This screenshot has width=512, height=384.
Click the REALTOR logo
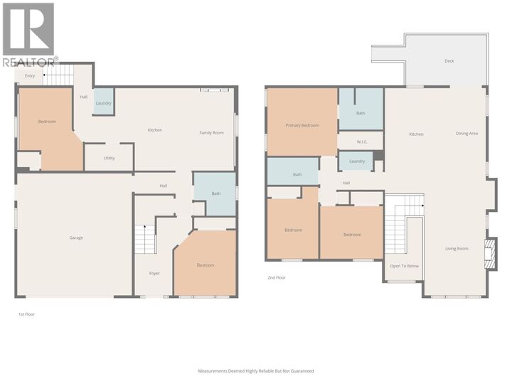click(x=28, y=34)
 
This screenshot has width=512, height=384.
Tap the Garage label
click(x=76, y=238)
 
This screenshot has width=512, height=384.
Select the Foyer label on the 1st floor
click(x=154, y=273)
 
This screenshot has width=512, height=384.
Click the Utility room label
click(x=109, y=158)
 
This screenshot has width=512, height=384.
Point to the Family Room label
click(x=211, y=133)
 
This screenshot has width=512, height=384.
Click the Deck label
click(x=449, y=61)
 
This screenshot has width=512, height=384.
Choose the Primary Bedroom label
click(x=302, y=126)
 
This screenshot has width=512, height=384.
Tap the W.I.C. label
click(x=361, y=141)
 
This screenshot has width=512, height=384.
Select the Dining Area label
click(x=466, y=134)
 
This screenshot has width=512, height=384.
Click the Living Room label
click(x=457, y=248)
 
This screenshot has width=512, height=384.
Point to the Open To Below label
click(x=404, y=266)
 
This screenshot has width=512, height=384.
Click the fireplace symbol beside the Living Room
click(x=489, y=254)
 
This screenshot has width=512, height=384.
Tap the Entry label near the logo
click(x=30, y=75)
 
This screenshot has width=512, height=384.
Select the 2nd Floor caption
click(x=277, y=277)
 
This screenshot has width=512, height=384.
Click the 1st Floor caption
click(x=26, y=314)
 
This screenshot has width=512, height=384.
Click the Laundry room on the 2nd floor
click(x=357, y=161)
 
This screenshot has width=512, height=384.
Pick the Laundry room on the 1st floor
click(x=103, y=103)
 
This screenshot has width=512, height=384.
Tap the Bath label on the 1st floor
click(x=215, y=193)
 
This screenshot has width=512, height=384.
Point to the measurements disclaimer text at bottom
click(x=255, y=370)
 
